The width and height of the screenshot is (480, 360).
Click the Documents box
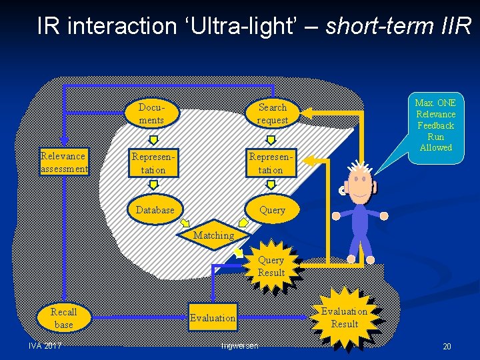[151, 113]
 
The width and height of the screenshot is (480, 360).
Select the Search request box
[272, 113]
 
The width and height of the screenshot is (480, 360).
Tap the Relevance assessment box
[63, 162]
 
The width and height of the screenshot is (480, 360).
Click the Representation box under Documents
[148, 163]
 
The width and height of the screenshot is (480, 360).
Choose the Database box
[155, 209]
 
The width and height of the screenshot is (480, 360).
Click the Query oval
[272, 209]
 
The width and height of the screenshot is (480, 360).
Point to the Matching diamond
[214, 235]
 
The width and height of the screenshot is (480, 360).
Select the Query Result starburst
[271, 267]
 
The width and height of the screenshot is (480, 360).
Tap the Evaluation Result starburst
[344, 317]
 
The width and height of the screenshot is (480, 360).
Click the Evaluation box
[213, 318]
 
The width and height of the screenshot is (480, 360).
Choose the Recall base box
[63, 318]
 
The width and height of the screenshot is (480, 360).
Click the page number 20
[447, 347]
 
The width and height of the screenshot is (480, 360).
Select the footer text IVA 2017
[45, 345]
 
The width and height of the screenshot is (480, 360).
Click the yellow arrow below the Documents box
[153, 139]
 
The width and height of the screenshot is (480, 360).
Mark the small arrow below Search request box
[271, 139]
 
